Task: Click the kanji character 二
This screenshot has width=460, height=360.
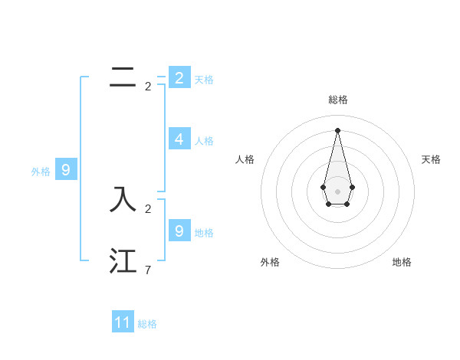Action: pos(123,77)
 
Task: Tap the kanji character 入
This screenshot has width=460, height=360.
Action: pos(123,199)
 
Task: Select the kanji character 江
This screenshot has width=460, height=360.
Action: pos(123,260)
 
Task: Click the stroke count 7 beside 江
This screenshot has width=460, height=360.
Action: pos(148,270)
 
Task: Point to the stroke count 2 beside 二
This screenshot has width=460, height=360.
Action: pos(148,87)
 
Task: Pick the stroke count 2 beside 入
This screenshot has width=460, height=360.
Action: pos(148,208)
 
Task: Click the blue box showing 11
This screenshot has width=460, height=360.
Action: pos(123,322)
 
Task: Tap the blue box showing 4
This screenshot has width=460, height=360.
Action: pos(179,139)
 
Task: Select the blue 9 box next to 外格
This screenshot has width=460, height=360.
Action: pos(66,170)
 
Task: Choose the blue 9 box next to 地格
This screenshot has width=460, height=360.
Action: pos(179,231)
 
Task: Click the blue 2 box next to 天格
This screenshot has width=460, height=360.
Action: pos(179,77)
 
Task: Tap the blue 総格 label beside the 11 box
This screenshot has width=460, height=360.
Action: pos(147,324)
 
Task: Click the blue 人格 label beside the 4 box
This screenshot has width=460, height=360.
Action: pos(204,141)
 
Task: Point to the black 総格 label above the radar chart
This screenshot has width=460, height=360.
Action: pos(338,100)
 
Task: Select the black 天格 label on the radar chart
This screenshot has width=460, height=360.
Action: pos(432,159)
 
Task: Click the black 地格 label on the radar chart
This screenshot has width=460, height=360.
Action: pos(402,262)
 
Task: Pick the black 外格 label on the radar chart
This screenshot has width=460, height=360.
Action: pos(270,262)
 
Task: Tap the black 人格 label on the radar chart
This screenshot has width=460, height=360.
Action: pos(245,159)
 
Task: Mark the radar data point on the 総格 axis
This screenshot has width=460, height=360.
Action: pos(337,130)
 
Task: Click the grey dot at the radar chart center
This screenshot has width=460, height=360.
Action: pos(337,191)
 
